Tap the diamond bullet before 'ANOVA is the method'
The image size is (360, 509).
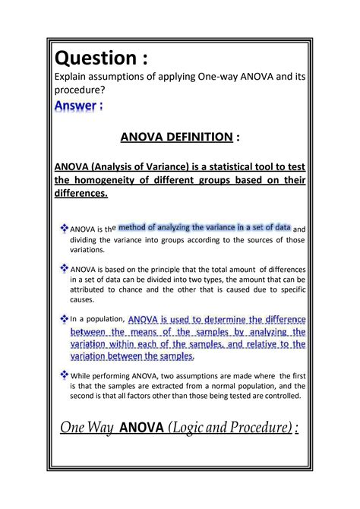pos(64,228)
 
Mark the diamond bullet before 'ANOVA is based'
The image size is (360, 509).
pos(64,268)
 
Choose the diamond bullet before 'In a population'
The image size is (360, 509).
pos(64,319)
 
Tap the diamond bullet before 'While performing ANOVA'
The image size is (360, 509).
pos(64,374)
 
